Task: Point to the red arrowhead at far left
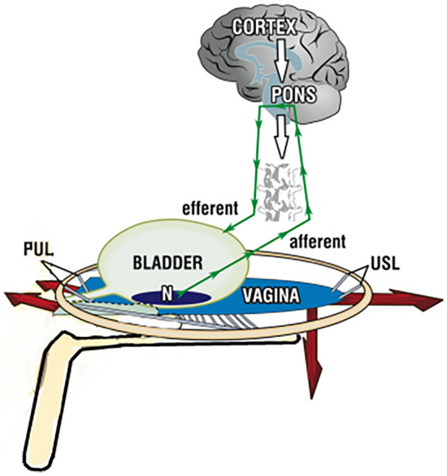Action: click(15, 295)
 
